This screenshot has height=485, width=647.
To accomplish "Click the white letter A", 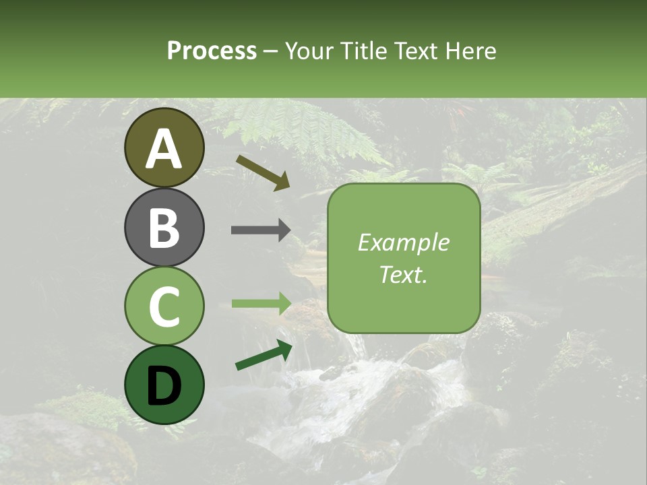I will pos(164,149).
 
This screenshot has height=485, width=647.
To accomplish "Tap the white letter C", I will pos(164,307).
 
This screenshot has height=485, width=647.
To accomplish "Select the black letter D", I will pos(164,386).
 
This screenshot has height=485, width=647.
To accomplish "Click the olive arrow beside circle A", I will pos(262,172).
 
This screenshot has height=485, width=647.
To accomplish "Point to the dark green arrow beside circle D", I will pos(264,355).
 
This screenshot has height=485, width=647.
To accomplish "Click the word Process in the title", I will pos(212,51).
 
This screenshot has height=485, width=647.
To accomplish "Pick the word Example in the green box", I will pos(403,243).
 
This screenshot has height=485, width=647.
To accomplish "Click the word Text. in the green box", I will pos(403,275).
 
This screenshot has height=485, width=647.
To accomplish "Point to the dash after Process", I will pos(271,52).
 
